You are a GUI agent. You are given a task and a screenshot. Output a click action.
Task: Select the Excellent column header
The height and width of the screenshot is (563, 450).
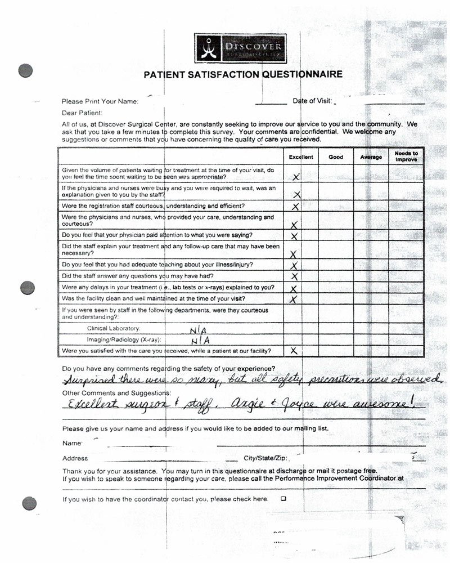(300, 157)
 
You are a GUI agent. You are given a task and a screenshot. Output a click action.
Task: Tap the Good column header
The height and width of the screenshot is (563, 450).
(336, 157)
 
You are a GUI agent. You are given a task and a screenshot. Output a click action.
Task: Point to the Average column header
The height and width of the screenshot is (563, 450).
(371, 157)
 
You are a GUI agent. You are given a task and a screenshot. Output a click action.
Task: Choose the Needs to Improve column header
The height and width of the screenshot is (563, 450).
(406, 157)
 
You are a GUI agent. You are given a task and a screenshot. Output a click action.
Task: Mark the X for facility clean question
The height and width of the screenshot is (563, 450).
(292, 299)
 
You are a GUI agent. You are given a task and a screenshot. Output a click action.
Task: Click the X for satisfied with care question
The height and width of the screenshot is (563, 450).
(293, 351)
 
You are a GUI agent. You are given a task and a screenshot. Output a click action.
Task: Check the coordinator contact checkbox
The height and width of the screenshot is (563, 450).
(283, 498)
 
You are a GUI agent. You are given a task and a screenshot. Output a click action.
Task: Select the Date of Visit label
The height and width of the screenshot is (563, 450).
(312, 101)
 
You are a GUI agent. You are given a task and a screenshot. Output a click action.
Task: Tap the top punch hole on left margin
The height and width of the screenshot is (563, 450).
(26, 71)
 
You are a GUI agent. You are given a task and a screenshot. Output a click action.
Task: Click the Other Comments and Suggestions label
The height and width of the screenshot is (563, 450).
(116, 392)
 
